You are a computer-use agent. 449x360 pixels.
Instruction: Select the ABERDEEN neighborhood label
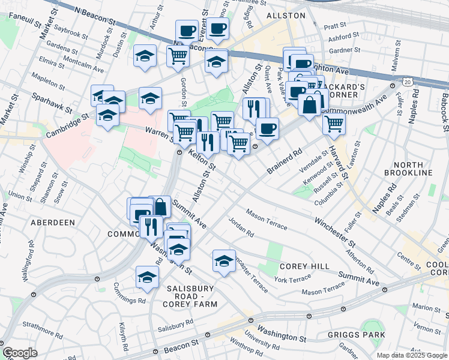click(53, 223)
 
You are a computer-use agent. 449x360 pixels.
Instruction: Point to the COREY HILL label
click(303, 266)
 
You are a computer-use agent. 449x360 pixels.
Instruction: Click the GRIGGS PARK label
click(352, 335)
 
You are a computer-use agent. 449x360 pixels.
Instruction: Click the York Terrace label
click(293, 278)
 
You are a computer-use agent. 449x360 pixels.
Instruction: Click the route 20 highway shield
click(408, 81)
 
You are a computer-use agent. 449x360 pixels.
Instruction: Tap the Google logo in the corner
click(19, 353)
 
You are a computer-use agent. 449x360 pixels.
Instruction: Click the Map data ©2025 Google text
click(411, 355)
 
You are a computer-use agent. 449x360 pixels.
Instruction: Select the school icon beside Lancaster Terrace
click(224, 261)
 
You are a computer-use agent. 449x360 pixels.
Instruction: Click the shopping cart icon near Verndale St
click(334, 124)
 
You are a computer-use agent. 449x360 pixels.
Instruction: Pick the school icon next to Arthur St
click(145, 56)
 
